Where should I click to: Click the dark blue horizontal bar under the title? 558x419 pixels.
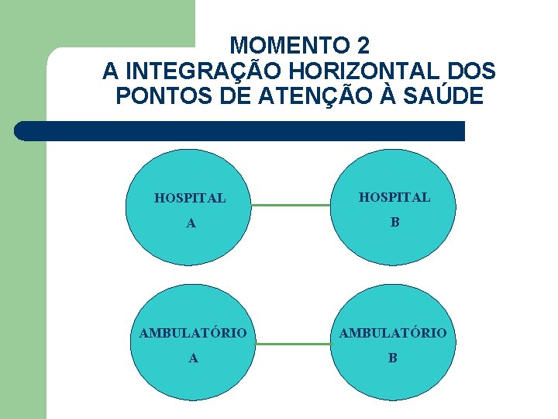click(240, 131)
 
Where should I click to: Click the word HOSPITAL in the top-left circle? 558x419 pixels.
click(190, 199)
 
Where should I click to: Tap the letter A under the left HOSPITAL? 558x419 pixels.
click(191, 224)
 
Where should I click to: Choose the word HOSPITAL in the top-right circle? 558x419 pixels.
click(394, 198)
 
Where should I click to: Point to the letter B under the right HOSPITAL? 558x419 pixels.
click(394, 223)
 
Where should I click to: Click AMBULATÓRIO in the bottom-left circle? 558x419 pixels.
click(193, 334)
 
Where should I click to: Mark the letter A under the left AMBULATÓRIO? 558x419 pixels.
click(193, 358)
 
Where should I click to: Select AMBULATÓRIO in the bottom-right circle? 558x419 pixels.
click(392, 334)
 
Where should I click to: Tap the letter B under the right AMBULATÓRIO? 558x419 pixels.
click(392, 358)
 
